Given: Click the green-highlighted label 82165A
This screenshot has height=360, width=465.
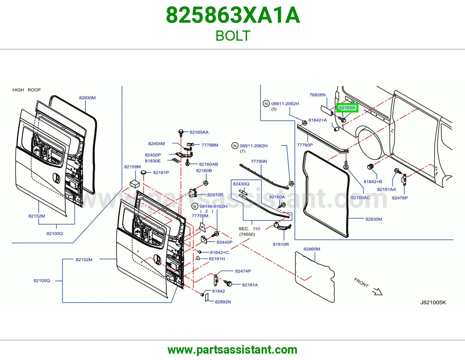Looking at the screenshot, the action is pyautogui.click(x=347, y=108).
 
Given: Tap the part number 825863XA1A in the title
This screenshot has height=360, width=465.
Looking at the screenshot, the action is pyautogui.click(x=233, y=15).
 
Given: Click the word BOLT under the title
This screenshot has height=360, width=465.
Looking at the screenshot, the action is pyautogui.click(x=233, y=36).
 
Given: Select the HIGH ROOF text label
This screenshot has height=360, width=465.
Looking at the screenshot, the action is pyautogui.click(x=26, y=90).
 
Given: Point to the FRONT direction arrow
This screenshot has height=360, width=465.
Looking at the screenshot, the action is pyautogui.click(x=377, y=291).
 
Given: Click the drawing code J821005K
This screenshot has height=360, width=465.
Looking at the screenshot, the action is pyautogui.click(x=433, y=303).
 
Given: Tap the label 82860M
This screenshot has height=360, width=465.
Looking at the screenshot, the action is pyautogui.click(x=312, y=249).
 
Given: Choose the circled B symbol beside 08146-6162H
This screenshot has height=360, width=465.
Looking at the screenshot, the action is pyautogui.click(x=195, y=206).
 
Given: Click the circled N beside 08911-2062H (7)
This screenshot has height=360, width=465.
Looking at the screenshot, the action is pyautogui.click(x=235, y=146).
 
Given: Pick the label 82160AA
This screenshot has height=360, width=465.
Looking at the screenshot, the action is pyautogui.click(x=199, y=132).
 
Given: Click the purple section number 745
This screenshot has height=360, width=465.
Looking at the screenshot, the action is pyautogui.click(x=257, y=229).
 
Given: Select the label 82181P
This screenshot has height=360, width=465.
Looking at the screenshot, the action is pyautogui.click(x=161, y=172).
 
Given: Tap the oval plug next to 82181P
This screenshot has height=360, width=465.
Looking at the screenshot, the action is pyautogui.click(x=143, y=172).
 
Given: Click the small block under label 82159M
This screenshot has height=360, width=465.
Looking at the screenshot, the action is pyautogui.click(x=135, y=184).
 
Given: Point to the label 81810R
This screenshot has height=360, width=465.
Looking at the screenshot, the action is pyautogui.click(x=281, y=244).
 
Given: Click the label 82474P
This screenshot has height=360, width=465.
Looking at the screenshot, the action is pyautogui.click(x=243, y=271).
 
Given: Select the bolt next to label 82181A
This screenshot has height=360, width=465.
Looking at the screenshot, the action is pyautogui.click(x=228, y=283).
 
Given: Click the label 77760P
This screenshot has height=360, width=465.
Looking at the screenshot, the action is pyautogui.click(x=305, y=145).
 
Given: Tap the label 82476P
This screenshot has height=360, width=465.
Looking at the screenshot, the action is pyautogui.click(x=400, y=198).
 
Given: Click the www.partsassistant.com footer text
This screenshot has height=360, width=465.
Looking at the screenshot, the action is pyautogui.click(x=233, y=350).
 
